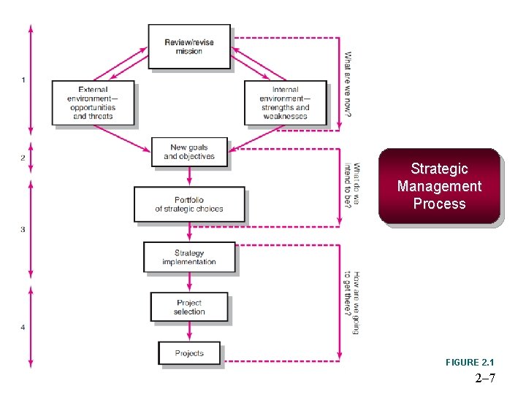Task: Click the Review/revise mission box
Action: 189,47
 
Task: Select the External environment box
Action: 94,103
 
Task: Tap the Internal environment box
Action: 286,103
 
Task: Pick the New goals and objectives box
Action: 189,152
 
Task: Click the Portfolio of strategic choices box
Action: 189,204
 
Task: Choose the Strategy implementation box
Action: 189,258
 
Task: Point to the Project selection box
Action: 189,307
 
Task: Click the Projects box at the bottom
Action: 189,353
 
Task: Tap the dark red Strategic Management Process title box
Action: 439,186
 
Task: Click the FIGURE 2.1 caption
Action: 470,363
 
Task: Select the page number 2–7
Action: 485,378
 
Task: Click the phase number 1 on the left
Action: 23,80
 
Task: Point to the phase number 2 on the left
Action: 23,158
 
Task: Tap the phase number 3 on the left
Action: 23,229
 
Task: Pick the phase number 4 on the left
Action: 23,328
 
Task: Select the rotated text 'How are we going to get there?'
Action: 352,304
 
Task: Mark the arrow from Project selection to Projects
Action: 189,332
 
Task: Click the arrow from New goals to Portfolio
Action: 189,177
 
